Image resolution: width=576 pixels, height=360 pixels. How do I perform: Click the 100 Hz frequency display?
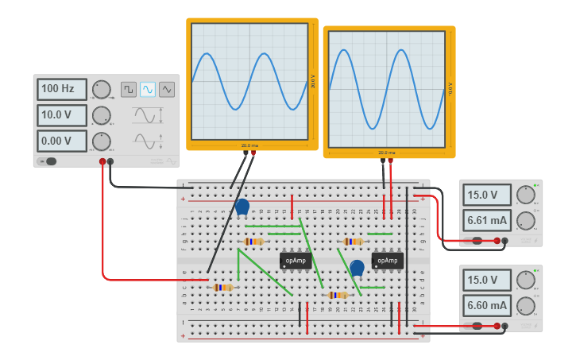(x=61, y=89)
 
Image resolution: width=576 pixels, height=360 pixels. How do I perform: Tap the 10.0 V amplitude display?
(x=61, y=115)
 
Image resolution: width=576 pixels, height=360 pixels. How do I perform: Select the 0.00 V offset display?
(x=61, y=141)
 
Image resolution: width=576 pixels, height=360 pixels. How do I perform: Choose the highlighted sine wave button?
(x=148, y=89)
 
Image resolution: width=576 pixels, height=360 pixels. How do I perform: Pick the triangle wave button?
(x=167, y=89)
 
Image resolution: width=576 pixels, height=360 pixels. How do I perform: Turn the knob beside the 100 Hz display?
(x=101, y=89)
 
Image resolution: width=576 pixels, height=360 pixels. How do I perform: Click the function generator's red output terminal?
(x=102, y=162)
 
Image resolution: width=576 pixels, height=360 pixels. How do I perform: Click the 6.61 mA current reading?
(x=487, y=219)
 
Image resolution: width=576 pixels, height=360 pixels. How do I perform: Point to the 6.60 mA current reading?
(x=487, y=305)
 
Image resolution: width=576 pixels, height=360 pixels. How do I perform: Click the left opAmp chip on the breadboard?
(x=295, y=260)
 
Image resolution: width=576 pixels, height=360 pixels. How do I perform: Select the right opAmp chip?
(x=387, y=260)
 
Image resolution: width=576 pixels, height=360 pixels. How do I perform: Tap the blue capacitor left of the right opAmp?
(x=357, y=267)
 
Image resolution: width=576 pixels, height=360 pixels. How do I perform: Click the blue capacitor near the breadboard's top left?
(x=242, y=207)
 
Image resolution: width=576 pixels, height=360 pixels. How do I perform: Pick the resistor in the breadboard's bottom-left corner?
(x=223, y=287)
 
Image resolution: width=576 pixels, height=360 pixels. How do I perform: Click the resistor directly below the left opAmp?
(x=338, y=295)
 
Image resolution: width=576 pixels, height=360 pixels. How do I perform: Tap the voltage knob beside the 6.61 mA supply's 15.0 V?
(x=525, y=195)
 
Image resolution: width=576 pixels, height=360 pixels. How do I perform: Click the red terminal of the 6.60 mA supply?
(x=497, y=326)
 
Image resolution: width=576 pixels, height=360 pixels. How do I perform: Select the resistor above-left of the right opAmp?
(x=353, y=242)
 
